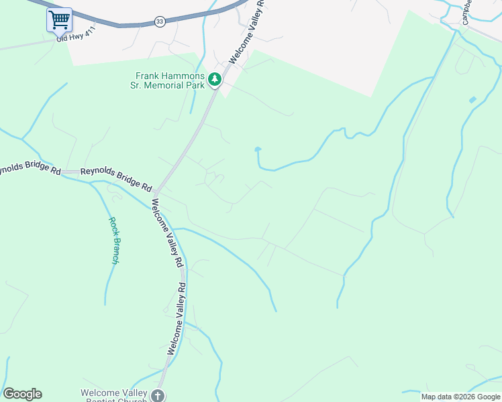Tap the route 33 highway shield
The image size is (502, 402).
159,22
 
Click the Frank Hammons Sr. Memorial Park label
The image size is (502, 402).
170,80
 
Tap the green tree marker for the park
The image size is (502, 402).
215,80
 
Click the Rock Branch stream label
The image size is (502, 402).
113,241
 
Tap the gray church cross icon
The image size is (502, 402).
158,395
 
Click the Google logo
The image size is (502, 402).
22,394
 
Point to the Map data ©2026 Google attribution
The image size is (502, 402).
460,397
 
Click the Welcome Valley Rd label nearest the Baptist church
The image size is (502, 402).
177,318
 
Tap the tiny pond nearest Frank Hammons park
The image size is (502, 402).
258,149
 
